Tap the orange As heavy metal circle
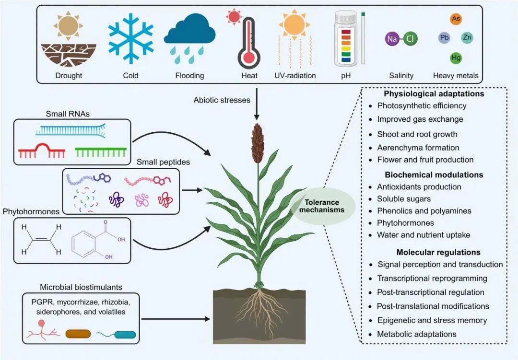[x=456, y=19]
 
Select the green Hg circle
[x=456, y=58]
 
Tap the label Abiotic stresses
[x=221, y=100]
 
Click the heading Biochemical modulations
[x=434, y=174]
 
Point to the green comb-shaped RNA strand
[x=101, y=152]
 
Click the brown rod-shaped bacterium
[x=78, y=334]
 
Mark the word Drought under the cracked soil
[x=69, y=75]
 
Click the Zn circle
[x=468, y=37]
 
